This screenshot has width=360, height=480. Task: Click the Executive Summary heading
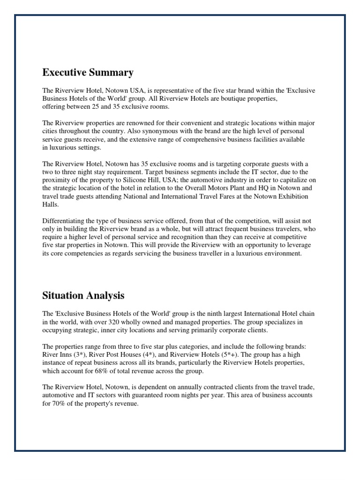pyautogui.click(x=88, y=73)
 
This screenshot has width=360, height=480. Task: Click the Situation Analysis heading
pyautogui.click(x=83, y=295)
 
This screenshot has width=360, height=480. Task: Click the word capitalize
pyautogui.click(x=292, y=180)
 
